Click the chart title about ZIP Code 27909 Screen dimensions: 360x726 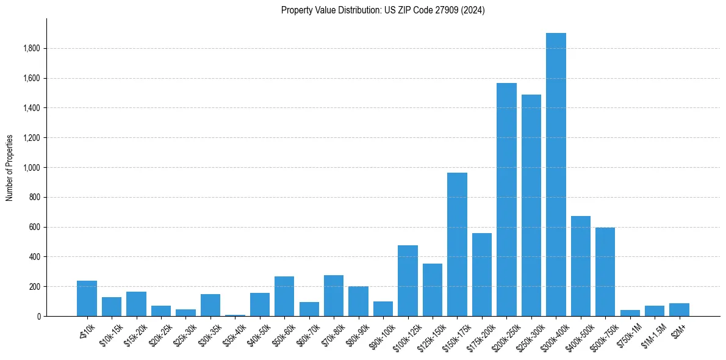point(383,10)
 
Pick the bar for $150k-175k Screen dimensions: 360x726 point(457,244)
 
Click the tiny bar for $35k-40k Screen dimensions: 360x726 point(235,315)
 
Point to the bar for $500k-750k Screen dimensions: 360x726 point(605,272)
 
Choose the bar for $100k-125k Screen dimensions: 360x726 point(408,281)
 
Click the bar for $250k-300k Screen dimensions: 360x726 point(531,205)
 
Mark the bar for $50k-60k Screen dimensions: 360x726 point(284,296)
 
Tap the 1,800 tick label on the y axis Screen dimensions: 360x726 point(32,49)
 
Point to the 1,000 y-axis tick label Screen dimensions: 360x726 point(32,168)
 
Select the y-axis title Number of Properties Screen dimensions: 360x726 point(10,168)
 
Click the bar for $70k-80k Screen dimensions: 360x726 point(334,295)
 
